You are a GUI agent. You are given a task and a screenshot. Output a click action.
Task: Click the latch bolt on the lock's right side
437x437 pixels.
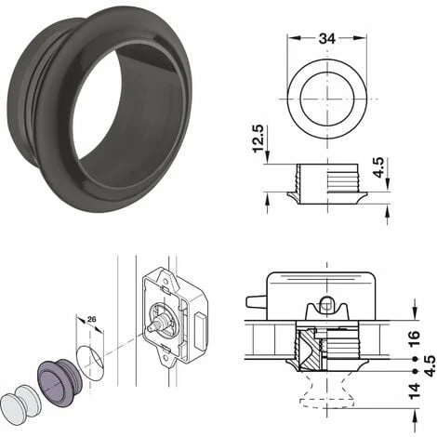pos(199,324)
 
